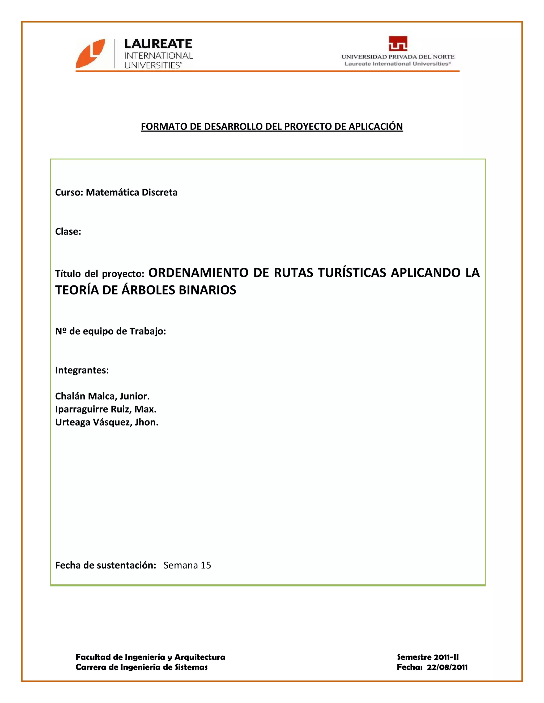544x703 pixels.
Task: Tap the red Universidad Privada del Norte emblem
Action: point(398,44)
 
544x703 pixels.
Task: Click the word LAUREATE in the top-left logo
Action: point(158,44)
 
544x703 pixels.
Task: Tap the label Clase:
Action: point(68,231)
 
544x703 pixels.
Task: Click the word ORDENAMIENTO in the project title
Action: point(198,273)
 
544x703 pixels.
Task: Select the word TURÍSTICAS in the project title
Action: point(352,273)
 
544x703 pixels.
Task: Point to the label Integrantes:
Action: point(82,370)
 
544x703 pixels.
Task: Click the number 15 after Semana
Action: point(206,566)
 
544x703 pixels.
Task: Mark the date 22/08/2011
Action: point(447,667)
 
